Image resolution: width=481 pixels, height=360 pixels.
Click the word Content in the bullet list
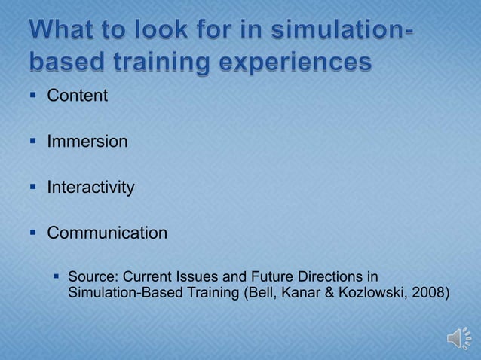[x=78, y=96]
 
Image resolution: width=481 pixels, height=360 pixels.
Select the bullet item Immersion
[x=87, y=142]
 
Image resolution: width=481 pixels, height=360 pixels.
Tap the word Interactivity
[x=90, y=187]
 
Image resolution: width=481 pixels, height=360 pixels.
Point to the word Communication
[x=107, y=233]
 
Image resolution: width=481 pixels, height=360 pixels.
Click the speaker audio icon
[x=460, y=338]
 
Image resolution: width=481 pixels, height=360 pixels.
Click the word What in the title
[x=66, y=31]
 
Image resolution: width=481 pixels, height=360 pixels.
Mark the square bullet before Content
[x=33, y=96]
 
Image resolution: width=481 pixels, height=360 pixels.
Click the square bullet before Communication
[x=33, y=233]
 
